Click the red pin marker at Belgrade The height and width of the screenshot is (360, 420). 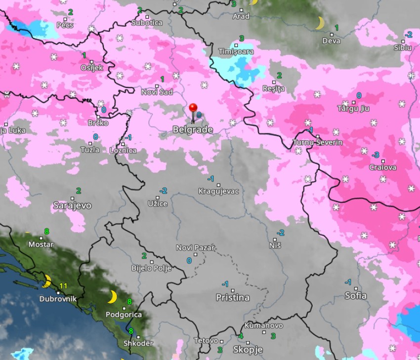(193, 108)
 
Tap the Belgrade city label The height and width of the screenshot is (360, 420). (193, 129)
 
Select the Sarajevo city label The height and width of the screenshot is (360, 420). (72, 205)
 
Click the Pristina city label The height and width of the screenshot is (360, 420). (232, 297)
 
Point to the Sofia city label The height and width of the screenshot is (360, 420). (356, 295)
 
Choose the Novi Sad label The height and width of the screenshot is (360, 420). (157, 92)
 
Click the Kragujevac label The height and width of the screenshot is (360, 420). (218, 191)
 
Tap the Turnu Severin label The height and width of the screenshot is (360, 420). (317, 142)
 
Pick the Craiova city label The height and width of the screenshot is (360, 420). (382, 167)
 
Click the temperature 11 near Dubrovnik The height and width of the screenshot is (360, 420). (63, 285)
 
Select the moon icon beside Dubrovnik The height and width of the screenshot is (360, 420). (47, 281)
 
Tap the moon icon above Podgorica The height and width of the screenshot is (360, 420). (112, 297)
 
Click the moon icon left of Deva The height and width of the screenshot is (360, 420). (320, 23)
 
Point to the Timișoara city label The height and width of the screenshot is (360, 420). (236, 51)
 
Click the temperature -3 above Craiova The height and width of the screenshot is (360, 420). (376, 155)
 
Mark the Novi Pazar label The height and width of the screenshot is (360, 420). (195, 247)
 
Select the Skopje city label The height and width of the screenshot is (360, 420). (248, 350)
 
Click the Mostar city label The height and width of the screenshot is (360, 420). (41, 244)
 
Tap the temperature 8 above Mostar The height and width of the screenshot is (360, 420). (46, 231)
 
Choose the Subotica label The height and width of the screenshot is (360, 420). (147, 23)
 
